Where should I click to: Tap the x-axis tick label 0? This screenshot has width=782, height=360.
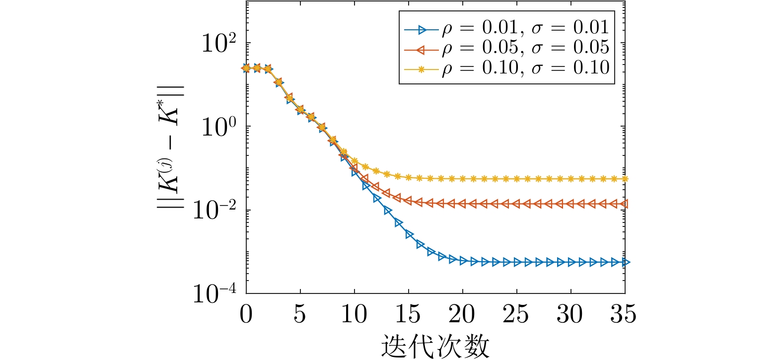pyautogui.click(x=246, y=314)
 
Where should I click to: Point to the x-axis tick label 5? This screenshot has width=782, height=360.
pyautogui.click(x=300, y=314)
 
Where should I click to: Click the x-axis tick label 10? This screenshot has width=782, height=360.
pyautogui.click(x=354, y=314)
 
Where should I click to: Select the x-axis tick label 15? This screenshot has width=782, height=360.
pyautogui.click(x=408, y=314)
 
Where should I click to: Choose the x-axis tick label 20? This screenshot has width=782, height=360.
pyautogui.click(x=462, y=314)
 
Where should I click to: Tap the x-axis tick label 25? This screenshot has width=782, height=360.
pyautogui.click(x=516, y=314)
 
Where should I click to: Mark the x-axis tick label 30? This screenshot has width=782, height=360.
pyautogui.click(x=570, y=314)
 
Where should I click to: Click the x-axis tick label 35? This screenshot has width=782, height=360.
pyautogui.click(x=624, y=314)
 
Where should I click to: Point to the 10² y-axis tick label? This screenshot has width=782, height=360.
pyautogui.click(x=219, y=44)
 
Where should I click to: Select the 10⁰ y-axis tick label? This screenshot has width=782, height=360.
pyautogui.click(x=219, y=127)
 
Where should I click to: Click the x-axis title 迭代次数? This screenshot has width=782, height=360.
pyautogui.click(x=435, y=345)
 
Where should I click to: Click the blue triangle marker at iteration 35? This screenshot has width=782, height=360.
pyautogui.click(x=626, y=262)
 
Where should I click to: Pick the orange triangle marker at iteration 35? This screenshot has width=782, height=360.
pyautogui.click(x=625, y=204)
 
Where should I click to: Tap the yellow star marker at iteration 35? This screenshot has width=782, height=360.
pyautogui.click(x=625, y=179)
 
